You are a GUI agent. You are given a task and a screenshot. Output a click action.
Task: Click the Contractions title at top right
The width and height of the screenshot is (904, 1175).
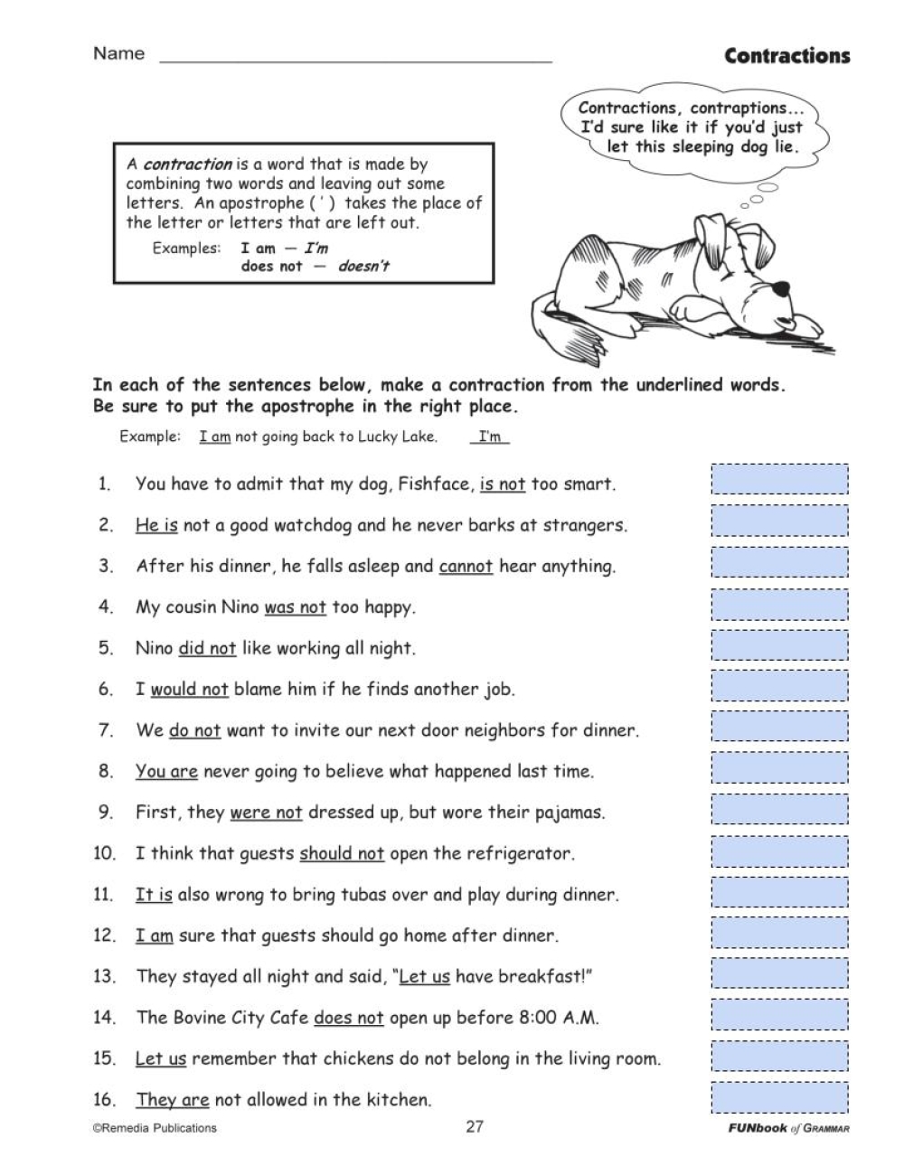[x=786, y=56]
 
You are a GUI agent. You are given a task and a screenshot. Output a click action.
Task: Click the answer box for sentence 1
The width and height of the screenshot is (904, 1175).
[x=779, y=479]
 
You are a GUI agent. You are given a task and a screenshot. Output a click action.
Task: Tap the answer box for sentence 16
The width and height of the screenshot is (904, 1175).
[x=779, y=1097]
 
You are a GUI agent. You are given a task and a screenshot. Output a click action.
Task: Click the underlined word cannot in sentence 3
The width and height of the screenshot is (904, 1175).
[x=466, y=567]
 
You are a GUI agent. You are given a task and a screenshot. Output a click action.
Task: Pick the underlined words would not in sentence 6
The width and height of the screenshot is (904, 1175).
[x=189, y=690]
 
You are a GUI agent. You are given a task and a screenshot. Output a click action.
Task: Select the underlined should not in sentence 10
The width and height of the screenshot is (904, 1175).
[x=342, y=853]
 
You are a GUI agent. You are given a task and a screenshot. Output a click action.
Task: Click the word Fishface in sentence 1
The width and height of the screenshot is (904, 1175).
[x=436, y=484]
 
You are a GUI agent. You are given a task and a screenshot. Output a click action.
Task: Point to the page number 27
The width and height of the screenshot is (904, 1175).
[x=475, y=1127]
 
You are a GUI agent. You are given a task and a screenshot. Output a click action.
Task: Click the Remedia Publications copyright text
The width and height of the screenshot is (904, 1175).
[x=155, y=1128]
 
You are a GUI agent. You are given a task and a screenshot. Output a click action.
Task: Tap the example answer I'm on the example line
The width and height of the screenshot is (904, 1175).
[x=490, y=437]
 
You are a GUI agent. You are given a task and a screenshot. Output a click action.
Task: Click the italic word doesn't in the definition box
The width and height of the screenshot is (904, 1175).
[x=363, y=267]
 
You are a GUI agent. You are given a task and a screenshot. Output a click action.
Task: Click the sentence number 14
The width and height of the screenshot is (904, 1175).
[x=104, y=1018]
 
